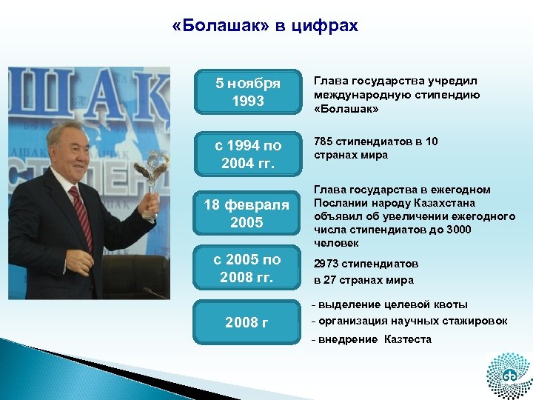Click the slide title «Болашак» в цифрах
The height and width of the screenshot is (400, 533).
[x=264, y=27]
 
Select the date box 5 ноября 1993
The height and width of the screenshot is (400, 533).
[x=247, y=92]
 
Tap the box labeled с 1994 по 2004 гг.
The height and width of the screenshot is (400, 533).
[x=247, y=153]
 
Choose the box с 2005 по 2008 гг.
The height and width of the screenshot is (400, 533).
[x=247, y=268]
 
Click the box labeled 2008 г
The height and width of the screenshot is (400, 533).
[x=247, y=322]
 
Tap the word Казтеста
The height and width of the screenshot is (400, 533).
[x=407, y=339]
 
